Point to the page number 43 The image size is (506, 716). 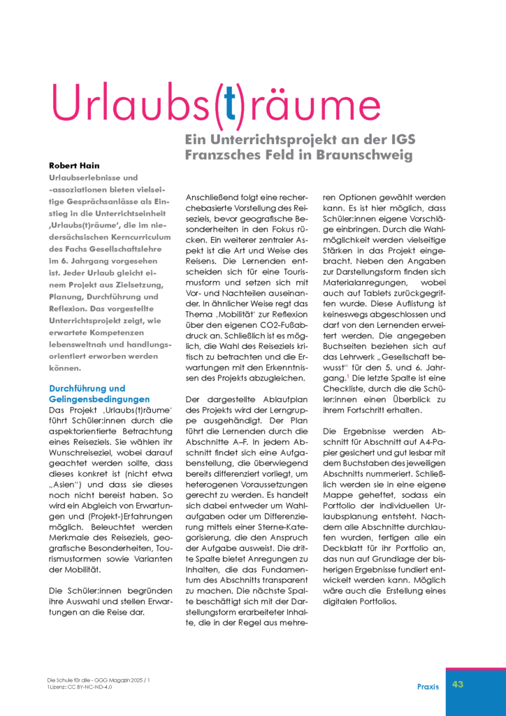pyautogui.click(x=458, y=684)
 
